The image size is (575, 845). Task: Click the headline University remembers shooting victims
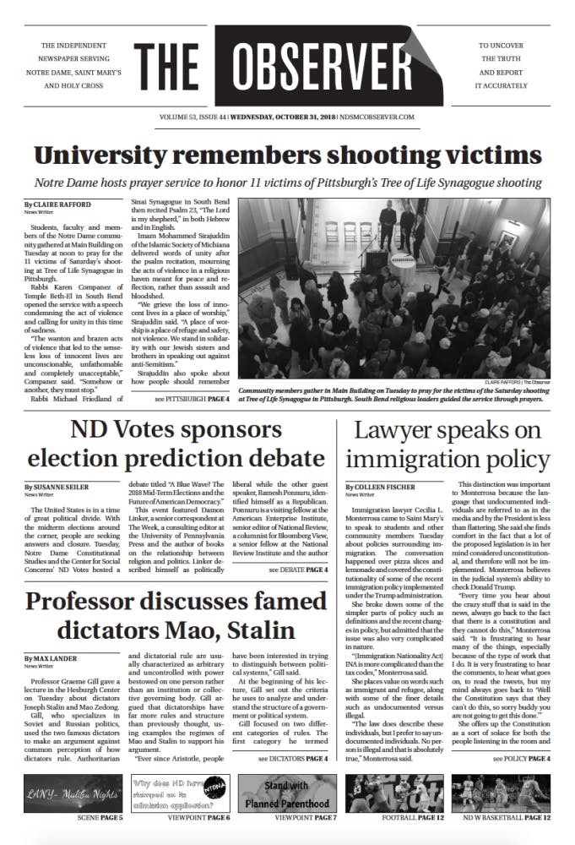point(287,155)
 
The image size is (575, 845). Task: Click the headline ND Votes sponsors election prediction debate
point(176,445)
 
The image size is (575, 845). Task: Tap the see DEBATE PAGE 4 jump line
point(298,546)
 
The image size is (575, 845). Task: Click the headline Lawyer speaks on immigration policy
point(448,445)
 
